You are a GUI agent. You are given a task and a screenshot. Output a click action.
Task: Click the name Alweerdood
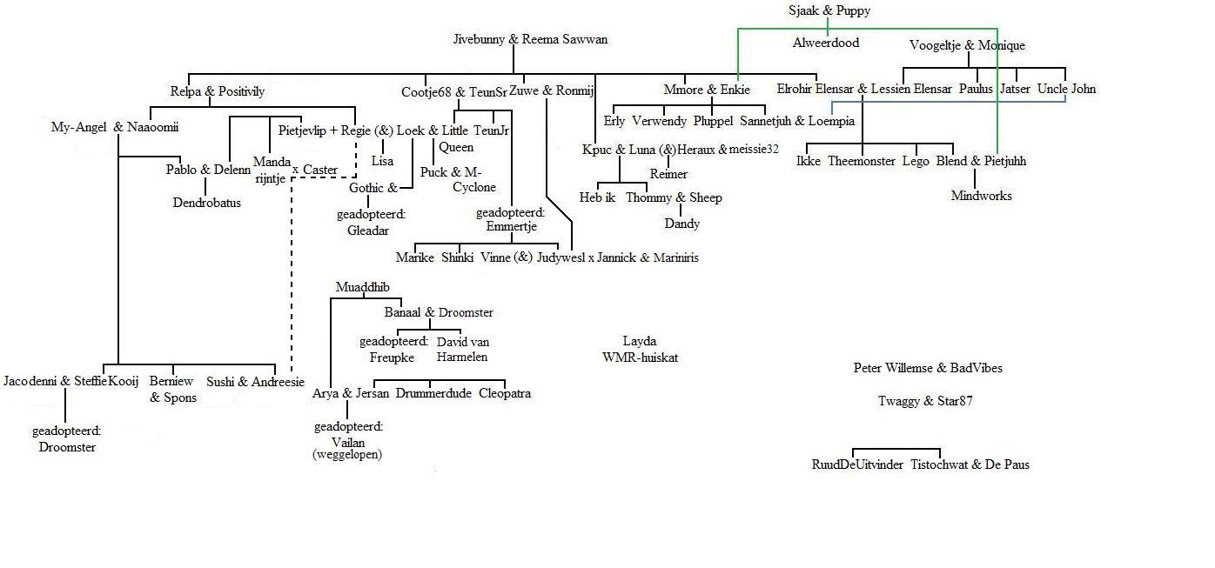coord(826,43)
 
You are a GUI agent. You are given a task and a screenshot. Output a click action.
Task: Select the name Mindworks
coord(981,196)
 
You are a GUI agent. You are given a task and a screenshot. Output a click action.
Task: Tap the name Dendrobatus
coord(206,203)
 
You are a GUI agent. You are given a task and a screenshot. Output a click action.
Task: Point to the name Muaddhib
coord(362,287)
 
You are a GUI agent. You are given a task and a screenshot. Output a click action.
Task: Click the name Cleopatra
coord(505,393)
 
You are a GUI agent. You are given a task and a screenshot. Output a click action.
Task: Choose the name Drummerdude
coord(433,393)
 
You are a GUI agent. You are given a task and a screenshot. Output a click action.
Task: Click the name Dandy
coord(681,224)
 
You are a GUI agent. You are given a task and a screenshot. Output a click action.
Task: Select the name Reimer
coord(668,174)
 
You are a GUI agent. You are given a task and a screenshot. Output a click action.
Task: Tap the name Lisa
coord(382,161)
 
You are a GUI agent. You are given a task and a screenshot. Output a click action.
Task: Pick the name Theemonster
coord(862,161)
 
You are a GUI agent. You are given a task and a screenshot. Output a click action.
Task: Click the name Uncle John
coord(1066,89)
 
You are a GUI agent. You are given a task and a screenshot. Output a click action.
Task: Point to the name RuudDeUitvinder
coord(857,464)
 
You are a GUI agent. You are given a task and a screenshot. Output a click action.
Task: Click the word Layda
coord(640,342)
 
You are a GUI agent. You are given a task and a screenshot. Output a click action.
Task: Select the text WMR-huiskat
coord(640,358)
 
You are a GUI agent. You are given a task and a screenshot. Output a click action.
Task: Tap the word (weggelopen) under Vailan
coord(347,454)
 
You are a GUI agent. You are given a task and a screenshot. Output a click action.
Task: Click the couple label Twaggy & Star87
coord(925,401)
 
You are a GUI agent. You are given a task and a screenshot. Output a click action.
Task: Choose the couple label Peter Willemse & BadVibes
coord(928,368)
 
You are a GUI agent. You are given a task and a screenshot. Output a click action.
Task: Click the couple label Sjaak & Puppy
coord(829,10)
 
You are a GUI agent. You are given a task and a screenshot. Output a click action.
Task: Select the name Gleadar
coord(368,231)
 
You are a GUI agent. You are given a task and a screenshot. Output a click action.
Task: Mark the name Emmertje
coord(511,226)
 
